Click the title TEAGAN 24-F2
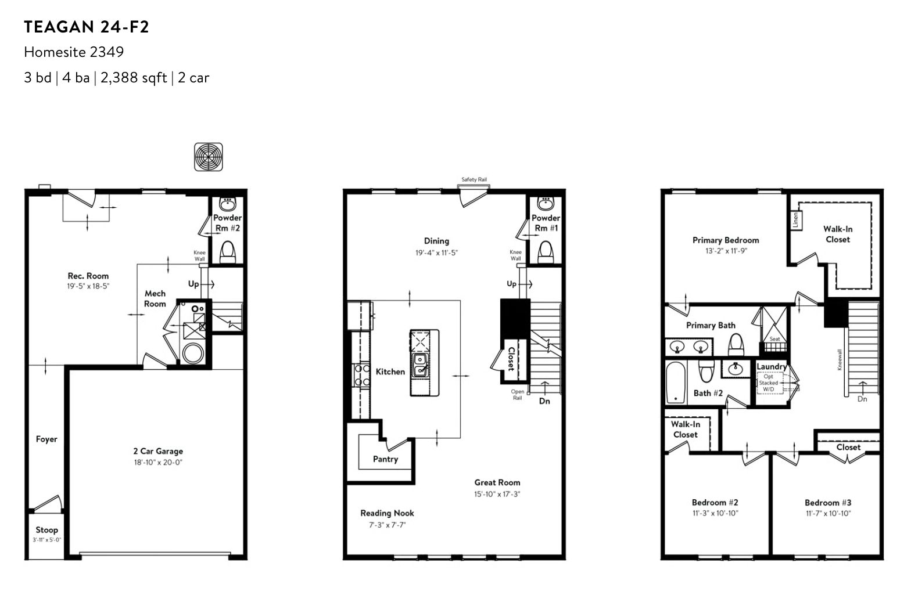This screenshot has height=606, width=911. (87, 27)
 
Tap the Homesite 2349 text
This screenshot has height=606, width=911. (74, 52)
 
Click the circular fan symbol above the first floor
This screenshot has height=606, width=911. (208, 157)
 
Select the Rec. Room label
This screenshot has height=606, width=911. (88, 276)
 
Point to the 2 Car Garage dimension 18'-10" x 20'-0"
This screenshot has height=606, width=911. (158, 462)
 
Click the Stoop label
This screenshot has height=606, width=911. (46, 530)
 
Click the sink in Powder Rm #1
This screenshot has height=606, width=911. (546, 204)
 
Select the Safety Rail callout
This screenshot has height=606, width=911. (474, 179)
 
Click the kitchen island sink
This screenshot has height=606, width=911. (420, 365)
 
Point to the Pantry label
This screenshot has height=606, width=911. (385, 459)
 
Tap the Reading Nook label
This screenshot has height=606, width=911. (387, 513)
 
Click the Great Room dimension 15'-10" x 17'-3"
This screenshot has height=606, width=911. (497, 494)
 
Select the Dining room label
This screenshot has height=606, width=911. (436, 241)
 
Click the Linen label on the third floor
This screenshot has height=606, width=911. (796, 221)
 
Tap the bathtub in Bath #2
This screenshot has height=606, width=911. (676, 383)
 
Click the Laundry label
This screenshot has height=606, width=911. (772, 367)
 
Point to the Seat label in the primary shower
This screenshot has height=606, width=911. (775, 338)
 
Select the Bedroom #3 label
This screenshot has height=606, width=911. (827, 503)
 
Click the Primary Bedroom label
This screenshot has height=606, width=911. (726, 240)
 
